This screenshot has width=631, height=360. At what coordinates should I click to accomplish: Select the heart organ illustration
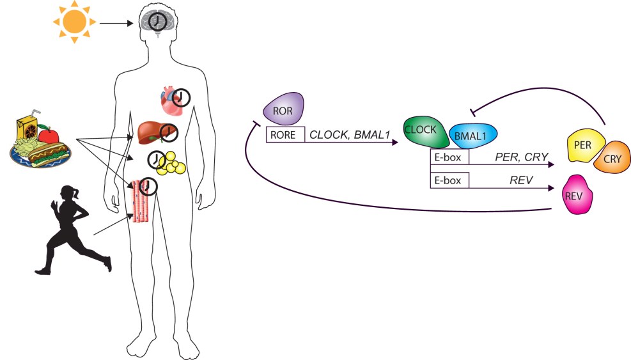pyautogui.click(x=171, y=101)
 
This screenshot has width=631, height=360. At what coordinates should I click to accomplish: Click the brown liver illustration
pyautogui.click(x=152, y=132)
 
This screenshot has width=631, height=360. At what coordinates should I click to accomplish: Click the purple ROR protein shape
pyautogui.click(x=283, y=109)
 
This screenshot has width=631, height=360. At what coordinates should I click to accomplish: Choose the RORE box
pyautogui.click(x=284, y=134)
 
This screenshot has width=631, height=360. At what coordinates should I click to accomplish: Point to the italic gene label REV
pyautogui.click(x=522, y=180)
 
